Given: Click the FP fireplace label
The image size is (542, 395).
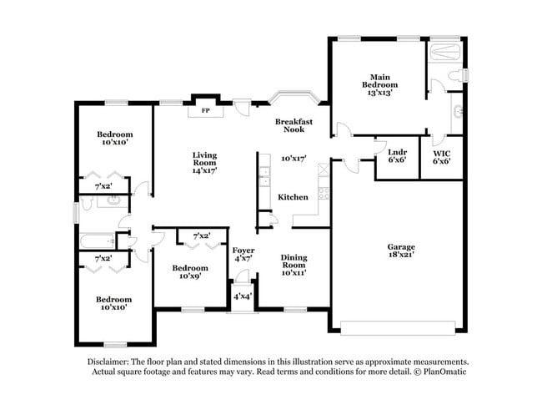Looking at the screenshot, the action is pyautogui.click(x=206, y=111).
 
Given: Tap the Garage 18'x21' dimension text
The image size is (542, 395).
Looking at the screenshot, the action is pyautogui.click(x=401, y=255).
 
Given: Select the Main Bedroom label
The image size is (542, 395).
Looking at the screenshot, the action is pyautogui.click(x=380, y=81).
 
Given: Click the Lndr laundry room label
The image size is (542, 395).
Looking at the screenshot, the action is pyautogui.click(x=397, y=152).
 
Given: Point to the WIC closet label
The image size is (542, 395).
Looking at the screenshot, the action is pyautogui.click(x=442, y=153).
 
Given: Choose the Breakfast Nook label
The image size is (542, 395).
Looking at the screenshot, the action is pyautogui.click(x=294, y=125).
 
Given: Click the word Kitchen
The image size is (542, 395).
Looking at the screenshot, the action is pyautogui.click(x=293, y=197).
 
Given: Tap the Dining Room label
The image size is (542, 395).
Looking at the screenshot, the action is pyautogui.click(x=294, y=261).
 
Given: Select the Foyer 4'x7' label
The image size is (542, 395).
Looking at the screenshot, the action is pyautogui.click(x=243, y=254).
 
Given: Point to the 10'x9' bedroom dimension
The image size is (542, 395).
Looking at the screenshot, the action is pyautogui.click(x=190, y=276).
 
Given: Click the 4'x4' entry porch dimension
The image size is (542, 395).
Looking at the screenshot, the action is pyautogui.click(x=243, y=296).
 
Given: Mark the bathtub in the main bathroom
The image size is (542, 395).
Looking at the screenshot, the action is pyautogui.click(x=444, y=53).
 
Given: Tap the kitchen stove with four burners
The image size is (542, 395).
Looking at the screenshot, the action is pyautogui.click(x=324, y=193).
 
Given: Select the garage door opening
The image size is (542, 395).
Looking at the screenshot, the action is pyautogui.click(x=398, y=328).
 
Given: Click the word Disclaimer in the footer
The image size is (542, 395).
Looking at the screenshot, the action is pyautogui.click(x=108, y=362).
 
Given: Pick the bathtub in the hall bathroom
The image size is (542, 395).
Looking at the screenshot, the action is pyautogui.click(x=98, y=241).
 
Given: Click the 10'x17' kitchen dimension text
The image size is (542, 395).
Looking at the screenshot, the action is pyautogui.click(x=294, y=159).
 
